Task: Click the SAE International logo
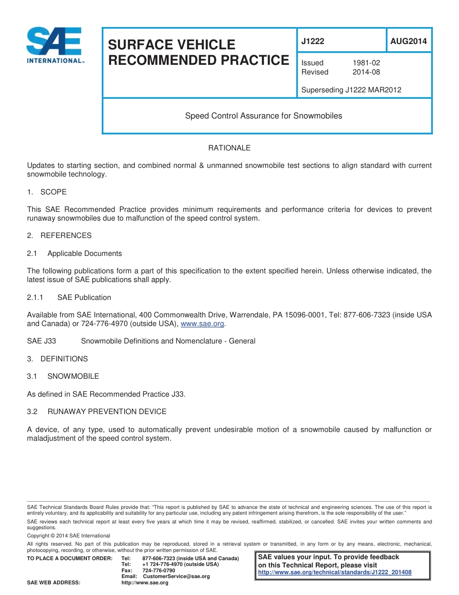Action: pyautogui.click(x=55, y=45)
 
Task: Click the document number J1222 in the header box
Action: pyautogui.click(x=313, y=41)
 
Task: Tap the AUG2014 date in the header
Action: pyautogui.click(x=408, y=41)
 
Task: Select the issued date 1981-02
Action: pyautogui.click(x=366, y=63)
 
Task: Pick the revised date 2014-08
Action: pyautogui.click(x=366, y=72)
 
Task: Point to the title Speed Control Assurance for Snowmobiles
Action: pyautogui.click(x=263, y=116)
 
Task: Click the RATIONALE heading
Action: pyautogui.click(x=229, y=148)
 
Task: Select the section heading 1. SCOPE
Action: pyautogui.click(x=47, y=192)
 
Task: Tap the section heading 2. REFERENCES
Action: pyautogui.click(x=59, y=236)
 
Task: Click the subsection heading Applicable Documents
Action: pyautogui.click(x=85, y=253)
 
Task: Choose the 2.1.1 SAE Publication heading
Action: pyautogui.click(x=69, y=297)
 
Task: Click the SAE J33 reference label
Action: pyautogui.click(x=42, y=341)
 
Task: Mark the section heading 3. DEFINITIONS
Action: pyautogui.click(x=57, y=359)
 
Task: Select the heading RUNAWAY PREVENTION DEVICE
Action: pyautogui.click(x=107, y=412)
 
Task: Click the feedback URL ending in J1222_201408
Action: pyautogui.click(x=335, y=572)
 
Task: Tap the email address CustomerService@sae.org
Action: pyautogui.click(x=176, y=577)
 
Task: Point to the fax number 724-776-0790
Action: pyautogui.click(x=158, y=570)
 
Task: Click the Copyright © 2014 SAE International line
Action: pyautogui.click(x=69, y=535)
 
